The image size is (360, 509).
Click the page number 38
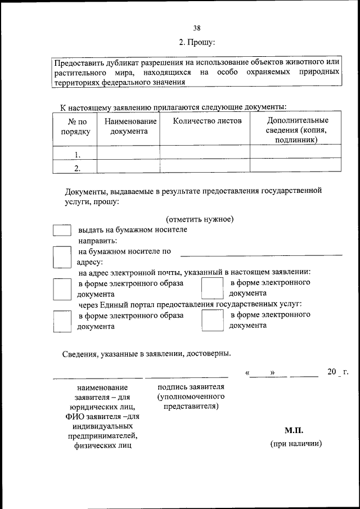197,28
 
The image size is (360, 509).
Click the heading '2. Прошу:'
197,42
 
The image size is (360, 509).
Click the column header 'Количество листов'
207,121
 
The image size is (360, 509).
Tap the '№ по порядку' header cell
74,127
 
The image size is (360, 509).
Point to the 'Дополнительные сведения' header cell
296,130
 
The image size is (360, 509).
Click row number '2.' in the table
78,168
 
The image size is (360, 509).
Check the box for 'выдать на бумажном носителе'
62,231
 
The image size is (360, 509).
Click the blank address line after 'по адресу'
261,253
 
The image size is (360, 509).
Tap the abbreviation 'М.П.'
294,430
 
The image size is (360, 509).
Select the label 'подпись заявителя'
191,387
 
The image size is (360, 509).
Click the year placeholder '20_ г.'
338,372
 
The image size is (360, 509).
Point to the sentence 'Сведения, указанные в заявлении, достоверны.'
146,353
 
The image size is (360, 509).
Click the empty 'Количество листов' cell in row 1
205,152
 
